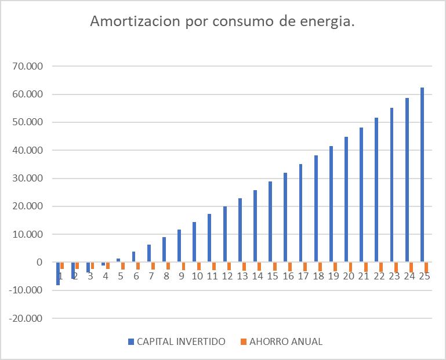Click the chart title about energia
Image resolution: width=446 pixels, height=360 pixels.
click(223, 22)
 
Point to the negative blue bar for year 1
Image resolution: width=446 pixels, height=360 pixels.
click(58, 274)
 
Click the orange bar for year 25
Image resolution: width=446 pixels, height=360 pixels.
click(426, 267)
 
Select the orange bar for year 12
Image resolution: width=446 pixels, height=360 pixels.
click(229, 266)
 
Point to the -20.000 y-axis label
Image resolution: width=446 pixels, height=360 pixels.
click(25, 318)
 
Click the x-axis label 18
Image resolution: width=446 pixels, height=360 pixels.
click(318, 277)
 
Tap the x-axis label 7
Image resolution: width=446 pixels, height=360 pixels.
click(151, 277)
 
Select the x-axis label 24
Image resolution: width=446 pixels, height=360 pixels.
click(409, 277)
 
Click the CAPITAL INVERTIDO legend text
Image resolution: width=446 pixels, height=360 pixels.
click(181, 341)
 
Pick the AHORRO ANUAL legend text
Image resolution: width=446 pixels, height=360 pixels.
click(286, 341)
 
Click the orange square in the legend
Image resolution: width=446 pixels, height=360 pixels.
click(244, 341)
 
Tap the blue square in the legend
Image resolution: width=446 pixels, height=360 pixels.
click(131, 341)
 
